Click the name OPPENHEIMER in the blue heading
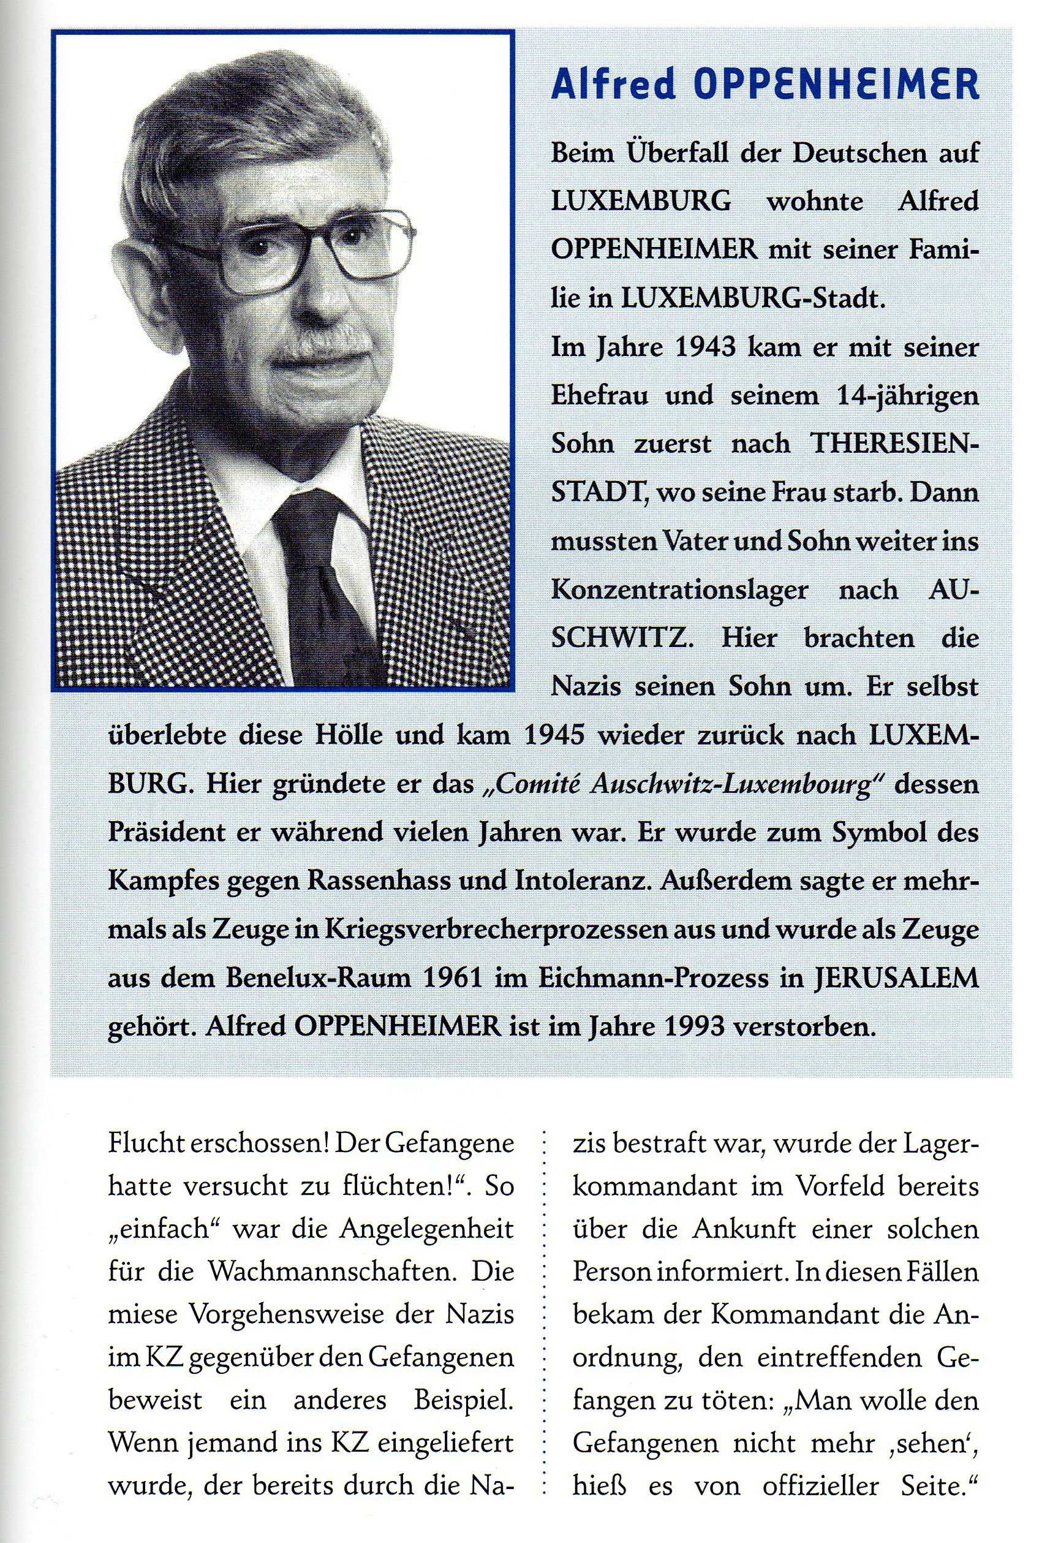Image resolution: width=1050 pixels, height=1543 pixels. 837,85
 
